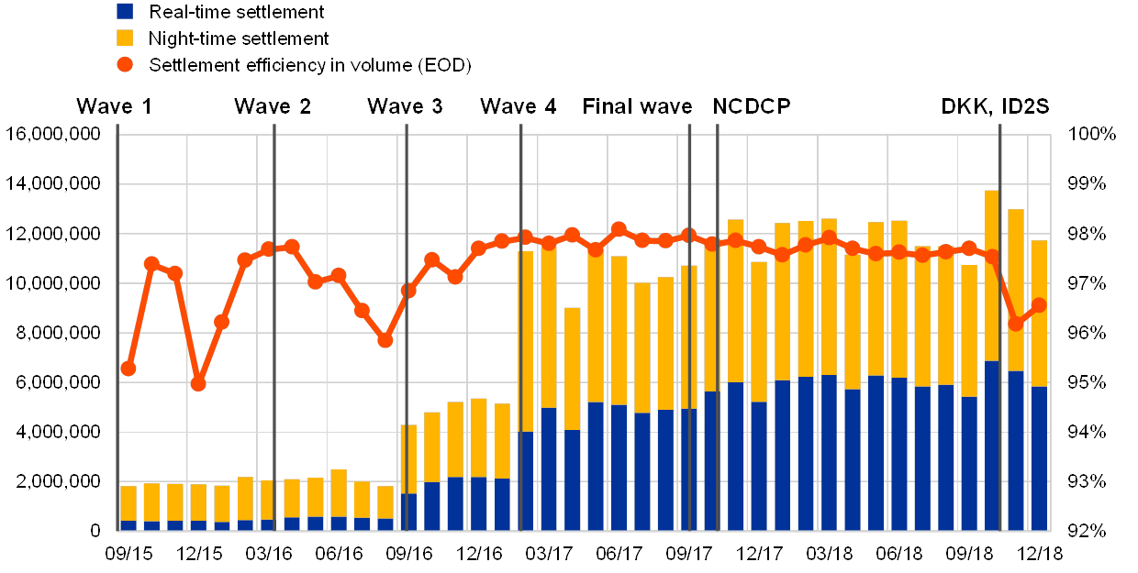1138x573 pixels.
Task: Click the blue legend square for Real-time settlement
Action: pyautogui.click(x=126, y=12)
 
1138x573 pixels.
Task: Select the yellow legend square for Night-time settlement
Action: pyautogui.click(x=126, y=39)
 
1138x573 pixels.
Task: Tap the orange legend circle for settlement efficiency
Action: pyautogui.click(x=126, y=65)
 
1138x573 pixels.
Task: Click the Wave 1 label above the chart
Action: pyautogui.click(x=113, y=107)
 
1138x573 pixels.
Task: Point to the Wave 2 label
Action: pyautogui.click(x=273, y=107)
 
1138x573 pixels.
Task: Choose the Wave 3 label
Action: pyautogui.click(x=406, y=107)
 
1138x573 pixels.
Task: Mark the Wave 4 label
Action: pyautogui.click(x=518, y=107)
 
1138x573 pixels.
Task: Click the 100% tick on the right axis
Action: pyautogui.click(x=1092, y=135)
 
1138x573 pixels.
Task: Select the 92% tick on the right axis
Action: pyautogui.click(x=1092, y=530)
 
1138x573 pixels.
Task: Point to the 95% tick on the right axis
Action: pyautogui.click(x=1092, y=382)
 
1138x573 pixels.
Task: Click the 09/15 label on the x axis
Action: pyautogui.click(x=128, y=554)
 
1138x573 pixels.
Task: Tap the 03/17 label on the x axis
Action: pyautogui.click(x=548, y=554)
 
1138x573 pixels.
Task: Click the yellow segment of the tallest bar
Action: pyautogui.click(x=991, y=275)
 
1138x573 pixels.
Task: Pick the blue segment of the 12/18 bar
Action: pyautogui.click(x=1039, y=458)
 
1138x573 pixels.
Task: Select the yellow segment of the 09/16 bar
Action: pyautogui.click(x=408, y=458)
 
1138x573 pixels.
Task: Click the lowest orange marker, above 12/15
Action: pyautogui.click(x=198, y=383)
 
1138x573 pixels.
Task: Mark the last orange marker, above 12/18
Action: pyautogui.click(x=1039, y=305)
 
